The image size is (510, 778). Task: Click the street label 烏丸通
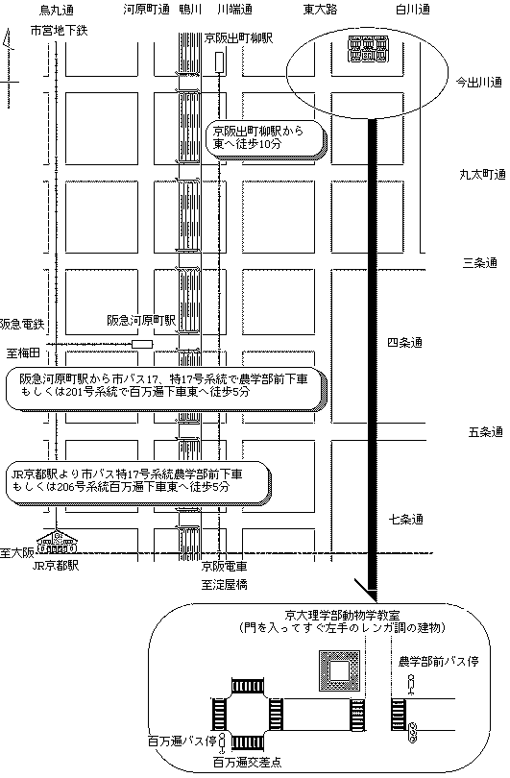coord(56,10)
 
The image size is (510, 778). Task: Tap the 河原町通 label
coord(146,10)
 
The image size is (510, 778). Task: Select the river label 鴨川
coord(190,10)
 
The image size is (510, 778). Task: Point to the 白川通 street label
coord(412,10)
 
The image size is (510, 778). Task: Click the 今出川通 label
coord(478,82)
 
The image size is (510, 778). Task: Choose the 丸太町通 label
coord(482,174)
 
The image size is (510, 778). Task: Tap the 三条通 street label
coord(479,263)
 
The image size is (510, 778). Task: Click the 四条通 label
coord(404,342)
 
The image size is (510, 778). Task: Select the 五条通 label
coord(485,431)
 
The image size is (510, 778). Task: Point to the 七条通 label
coord(405,520)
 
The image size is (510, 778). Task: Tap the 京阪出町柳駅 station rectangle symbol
coord(219,62)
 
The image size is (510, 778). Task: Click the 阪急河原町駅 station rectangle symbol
coord(142,344)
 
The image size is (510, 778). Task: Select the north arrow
coord(9,68)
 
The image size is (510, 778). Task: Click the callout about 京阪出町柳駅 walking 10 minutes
coord(266,139)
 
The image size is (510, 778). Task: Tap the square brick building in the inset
coord(339,670)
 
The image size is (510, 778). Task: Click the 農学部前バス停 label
coord(438,662)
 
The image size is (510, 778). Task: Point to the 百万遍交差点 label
coord(248,762)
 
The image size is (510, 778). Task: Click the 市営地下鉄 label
coord(59,31)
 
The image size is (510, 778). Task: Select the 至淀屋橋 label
coord(224,585)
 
